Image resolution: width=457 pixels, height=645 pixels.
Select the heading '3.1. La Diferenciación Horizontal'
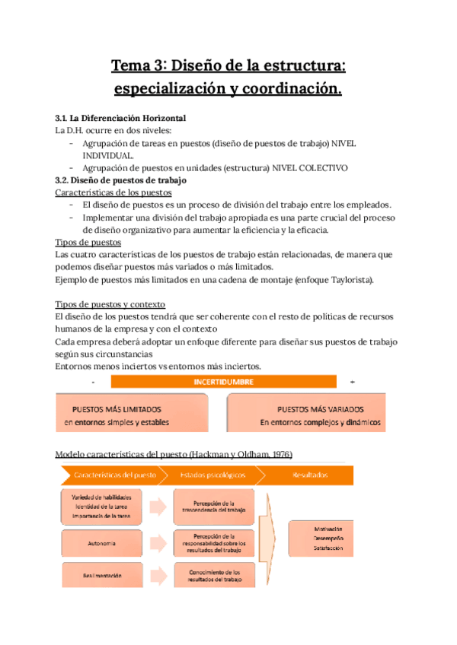tap(121, 118)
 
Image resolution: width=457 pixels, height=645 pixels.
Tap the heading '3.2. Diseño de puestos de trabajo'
tap(120, 180)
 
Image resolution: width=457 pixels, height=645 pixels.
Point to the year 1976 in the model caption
tap(275, 454)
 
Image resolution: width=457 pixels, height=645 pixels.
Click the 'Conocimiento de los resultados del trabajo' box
tap(213, 576)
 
